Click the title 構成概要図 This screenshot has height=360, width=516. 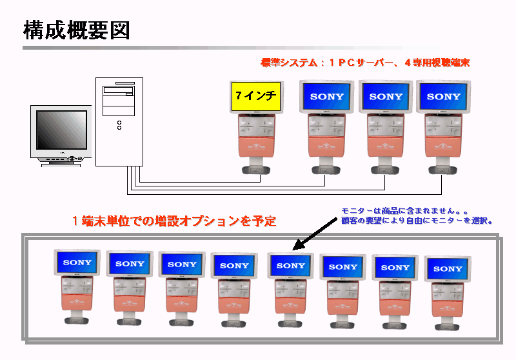(76, 30)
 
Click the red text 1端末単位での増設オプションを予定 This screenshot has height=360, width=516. (174, 221)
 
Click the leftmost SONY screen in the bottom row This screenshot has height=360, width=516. (77, 263)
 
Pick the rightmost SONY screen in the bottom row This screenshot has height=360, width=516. (448, 268)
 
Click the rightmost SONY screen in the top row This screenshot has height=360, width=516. (444, 97)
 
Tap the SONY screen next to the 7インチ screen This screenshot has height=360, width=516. (327, 97)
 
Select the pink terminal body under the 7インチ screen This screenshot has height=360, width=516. (256, 147)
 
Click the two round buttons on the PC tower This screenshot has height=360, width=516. (119, 124)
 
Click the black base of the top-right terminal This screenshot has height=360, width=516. (442, 170)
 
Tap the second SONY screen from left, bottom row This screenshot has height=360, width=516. (130, 263)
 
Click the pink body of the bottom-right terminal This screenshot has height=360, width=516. (447, 306)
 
